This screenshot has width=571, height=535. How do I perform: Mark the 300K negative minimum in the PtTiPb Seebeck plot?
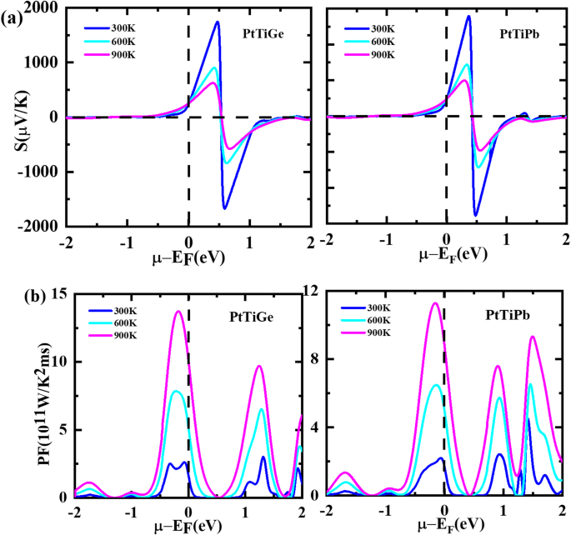pos(476,216)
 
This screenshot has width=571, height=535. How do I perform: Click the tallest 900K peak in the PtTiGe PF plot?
pos(178,312)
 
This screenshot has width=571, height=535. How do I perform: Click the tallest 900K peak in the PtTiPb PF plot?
pos(434,302)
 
